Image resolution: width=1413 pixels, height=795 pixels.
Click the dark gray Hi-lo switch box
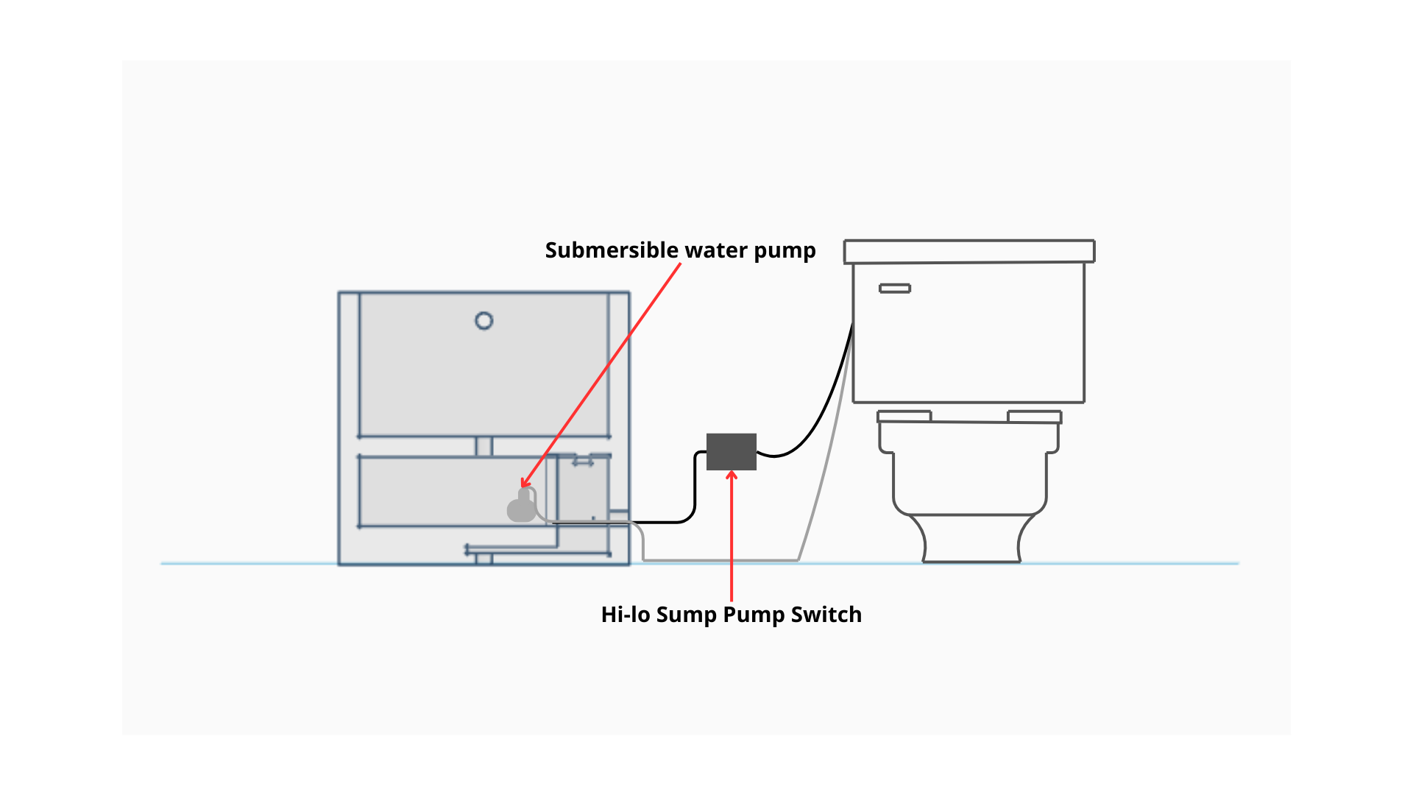731,451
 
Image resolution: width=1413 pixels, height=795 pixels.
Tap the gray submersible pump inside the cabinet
522,509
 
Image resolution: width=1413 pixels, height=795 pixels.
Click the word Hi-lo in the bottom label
625,615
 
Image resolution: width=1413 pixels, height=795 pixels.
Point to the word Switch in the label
826,615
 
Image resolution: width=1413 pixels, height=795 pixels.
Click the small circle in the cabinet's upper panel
484,321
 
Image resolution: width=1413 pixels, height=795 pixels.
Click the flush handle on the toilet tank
895,289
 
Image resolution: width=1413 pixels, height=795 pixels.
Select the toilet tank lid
968,251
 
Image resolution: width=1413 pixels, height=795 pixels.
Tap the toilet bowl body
968,471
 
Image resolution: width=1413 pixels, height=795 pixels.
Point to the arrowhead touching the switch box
732,476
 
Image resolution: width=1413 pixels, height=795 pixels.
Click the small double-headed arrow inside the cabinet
583,462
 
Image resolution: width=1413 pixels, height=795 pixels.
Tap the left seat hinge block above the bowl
904,417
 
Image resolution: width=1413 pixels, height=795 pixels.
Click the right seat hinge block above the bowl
1034,417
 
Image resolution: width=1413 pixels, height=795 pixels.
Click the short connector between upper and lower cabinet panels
484,446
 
